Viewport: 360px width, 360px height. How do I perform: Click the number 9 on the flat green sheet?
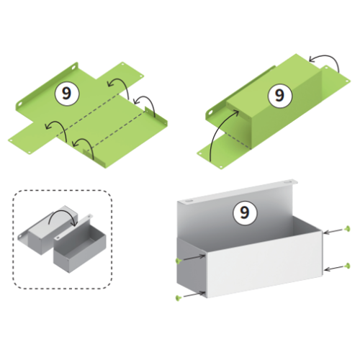[x=67, y=94]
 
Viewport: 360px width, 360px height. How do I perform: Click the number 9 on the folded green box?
[x=279, y=95]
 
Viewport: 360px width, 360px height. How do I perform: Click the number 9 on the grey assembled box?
[x=245, y=212]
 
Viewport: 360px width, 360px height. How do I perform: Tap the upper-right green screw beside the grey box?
[x=347, y=229]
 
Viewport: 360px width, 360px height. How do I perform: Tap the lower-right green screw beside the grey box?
[x=347, y=266]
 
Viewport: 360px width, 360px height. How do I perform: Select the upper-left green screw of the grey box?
[x=178, y=261]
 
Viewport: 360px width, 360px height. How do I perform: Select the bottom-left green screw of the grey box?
[x=178, y=298]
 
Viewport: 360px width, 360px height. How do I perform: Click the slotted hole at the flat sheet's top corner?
[x=74, y=67]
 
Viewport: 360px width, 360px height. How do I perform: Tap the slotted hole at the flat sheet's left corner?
[x=20, y=104]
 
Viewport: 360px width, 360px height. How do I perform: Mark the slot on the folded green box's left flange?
[x=210, y=112]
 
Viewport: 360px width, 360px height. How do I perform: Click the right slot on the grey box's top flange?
[x=287, y=183]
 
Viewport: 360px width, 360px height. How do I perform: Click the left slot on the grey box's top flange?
[x=189, y=200]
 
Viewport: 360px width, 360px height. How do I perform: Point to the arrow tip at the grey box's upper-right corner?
[x=325, y=233]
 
